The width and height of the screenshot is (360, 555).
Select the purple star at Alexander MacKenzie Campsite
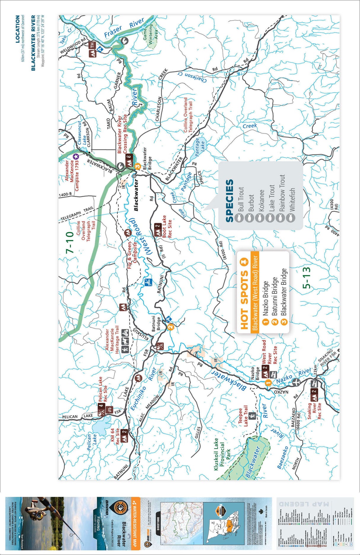click(x=76, y=156)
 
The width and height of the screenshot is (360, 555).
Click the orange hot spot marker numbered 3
click(x=137, y=166)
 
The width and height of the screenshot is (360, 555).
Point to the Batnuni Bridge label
click(x=156, y=323)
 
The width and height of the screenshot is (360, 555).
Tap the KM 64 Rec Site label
click(x=115, y=436)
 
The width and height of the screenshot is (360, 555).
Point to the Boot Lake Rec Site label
click(x=167, y=227)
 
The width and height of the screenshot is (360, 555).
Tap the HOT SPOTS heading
click(x=244, y=300)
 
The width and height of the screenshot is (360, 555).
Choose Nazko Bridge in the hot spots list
click(x=266, y=298)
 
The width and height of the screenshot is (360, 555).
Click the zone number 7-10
click(x=70, y=242)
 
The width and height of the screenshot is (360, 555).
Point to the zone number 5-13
click(x=307, y=278)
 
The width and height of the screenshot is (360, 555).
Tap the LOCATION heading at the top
click(x=18, y=29)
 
